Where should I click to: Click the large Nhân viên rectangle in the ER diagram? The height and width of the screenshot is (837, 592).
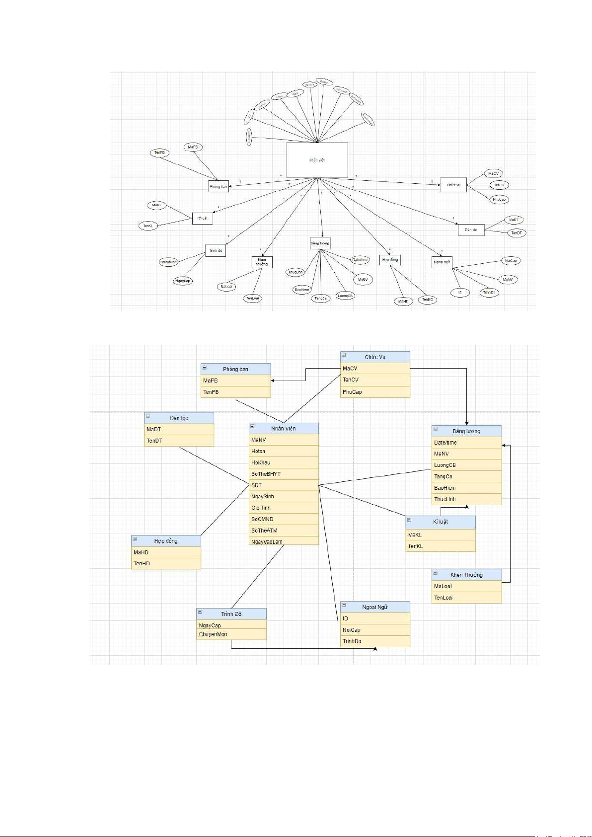click(x=317, y=160)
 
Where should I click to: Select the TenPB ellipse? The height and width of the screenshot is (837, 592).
click(x=159, y=152)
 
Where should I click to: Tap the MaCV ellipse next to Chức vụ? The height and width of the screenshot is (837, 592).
click(x=493, y=173)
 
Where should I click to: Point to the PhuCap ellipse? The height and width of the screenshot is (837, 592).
click(x=499, y=199)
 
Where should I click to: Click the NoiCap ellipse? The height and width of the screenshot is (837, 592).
click(x=510, y=260)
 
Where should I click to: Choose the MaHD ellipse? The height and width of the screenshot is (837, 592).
click(x=403, y=301)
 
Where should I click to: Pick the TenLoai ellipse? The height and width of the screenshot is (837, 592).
click(x=252, y=298)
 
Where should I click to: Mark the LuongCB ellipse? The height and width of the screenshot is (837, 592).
click(x=345, y=296)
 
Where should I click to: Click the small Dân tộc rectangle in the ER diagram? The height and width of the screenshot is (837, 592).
click(x=471, y=229)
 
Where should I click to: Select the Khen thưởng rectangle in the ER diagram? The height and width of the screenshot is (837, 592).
click(x=262, y=262)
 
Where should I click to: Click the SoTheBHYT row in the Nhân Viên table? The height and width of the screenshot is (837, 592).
click(x=284, y=474)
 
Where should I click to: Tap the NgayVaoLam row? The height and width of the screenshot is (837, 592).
click(x=284, y=541)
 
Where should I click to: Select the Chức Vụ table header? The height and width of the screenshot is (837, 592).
click(x=375, y=357)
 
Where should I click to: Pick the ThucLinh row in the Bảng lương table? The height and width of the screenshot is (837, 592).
click(x=466, y=499)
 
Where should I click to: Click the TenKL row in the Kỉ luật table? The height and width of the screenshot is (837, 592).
click(x=441, y=546)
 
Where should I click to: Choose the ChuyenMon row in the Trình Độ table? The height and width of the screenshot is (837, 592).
click(x=231, y=634)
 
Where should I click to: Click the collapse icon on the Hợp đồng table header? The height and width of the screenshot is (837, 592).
click(x=135, y=539)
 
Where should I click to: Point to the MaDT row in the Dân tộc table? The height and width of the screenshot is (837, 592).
click(x=179, y=429)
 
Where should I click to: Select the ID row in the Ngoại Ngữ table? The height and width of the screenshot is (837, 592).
click(x=375, y=618)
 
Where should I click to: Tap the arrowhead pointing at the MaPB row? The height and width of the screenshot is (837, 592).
click(x=273, y=380)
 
